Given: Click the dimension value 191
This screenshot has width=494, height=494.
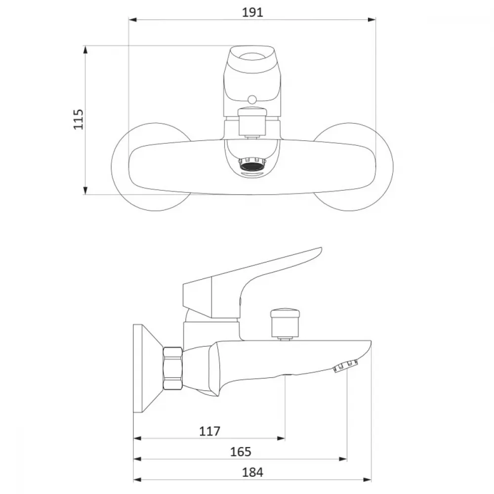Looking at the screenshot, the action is (x=252, y=12).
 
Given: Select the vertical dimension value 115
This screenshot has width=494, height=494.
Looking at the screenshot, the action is (x=79, y=120).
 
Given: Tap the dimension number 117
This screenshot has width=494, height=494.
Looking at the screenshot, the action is (x=209, y=431).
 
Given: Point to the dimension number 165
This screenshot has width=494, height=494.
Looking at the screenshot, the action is (x=241, y=452).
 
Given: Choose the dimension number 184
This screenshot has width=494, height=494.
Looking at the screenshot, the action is (x=252, y=473).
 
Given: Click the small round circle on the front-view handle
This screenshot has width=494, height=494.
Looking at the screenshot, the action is (x=252, y=100).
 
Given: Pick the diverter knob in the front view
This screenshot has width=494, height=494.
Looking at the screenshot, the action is (x=252, y=121).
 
